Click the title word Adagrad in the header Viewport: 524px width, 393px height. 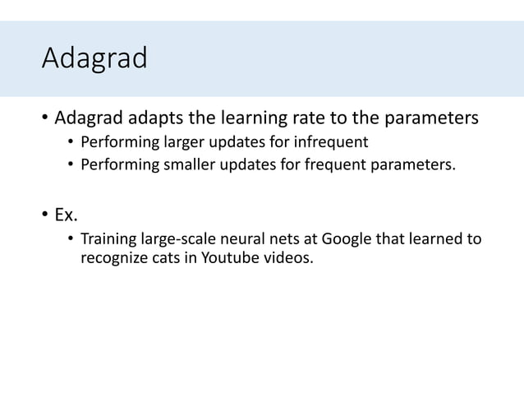click(94, 59)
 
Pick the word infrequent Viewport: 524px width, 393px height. click(328, 142)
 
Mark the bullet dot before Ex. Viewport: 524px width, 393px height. click(45, 216)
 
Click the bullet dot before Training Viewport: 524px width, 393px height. click(71, 240)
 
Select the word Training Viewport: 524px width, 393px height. click(109, 239)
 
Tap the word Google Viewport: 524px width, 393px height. click(346, 239)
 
